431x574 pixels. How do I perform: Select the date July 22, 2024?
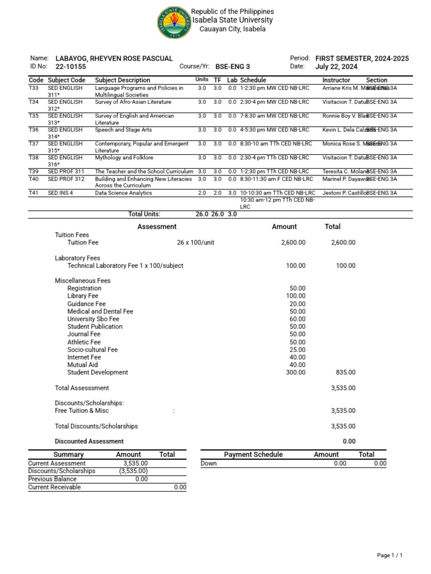tap(336, 66)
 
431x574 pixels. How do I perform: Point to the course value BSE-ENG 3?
tap(233, 66)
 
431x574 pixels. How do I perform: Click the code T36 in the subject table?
tap(34, 129)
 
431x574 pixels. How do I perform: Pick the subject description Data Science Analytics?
tap(123, 192)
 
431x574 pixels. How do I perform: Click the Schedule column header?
tap(253, 80)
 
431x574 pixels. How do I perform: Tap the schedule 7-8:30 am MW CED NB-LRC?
tap(274, 115)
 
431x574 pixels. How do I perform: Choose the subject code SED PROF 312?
tap(66, 179)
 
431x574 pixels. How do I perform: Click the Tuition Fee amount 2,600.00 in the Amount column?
tap(293, 243)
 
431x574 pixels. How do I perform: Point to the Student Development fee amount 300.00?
tap(295, 372)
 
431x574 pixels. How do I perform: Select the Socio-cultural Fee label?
tap(93, 349)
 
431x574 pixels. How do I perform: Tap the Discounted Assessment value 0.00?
tap(349, 441)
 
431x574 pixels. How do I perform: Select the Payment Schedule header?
tap(253, 455)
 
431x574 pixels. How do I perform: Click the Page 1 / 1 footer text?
tap(390, 555)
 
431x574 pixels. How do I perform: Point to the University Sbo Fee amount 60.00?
tap(297, 319)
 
